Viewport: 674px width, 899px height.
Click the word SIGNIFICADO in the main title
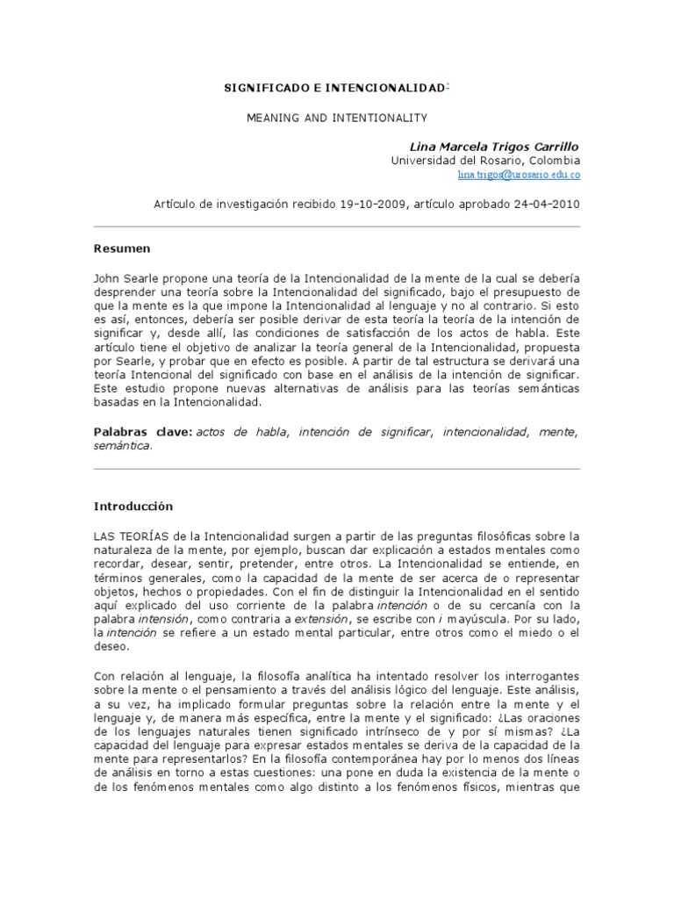(262, 89)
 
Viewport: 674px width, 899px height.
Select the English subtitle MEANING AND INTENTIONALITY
(337, 116)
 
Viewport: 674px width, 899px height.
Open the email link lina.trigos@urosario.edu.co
(519, 175)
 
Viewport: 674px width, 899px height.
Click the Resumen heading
(122, 248)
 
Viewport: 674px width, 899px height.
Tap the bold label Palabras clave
(143, 432)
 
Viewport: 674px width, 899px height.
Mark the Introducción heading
(133, 507)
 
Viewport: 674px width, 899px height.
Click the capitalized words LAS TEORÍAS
(128, 536)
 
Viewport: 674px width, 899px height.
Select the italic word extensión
(318, 620)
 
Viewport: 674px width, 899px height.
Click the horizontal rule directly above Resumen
(337, 227)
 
